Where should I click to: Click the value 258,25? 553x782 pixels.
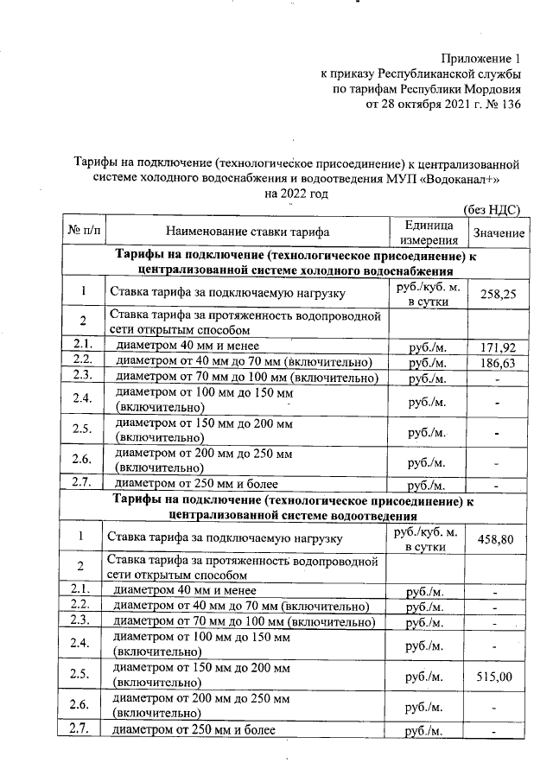point(497,295)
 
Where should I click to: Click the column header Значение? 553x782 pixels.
point(497,234)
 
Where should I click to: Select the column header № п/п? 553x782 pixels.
point(83,232)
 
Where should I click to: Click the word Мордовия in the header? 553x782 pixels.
point(493,90)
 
